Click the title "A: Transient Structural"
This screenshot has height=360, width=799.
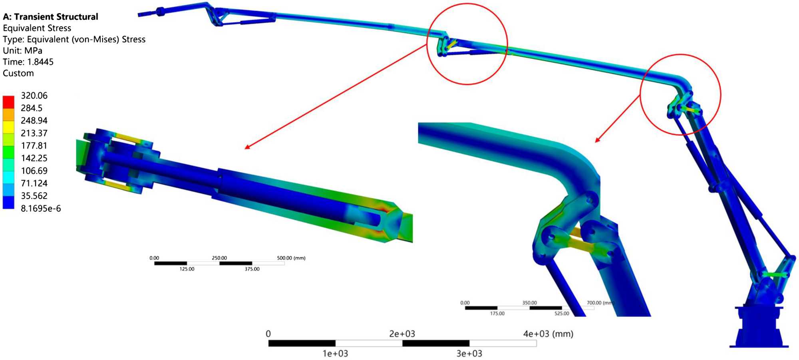50,17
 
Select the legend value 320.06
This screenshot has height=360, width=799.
34,95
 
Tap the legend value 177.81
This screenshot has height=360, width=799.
34,145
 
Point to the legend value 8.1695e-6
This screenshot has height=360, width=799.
41,208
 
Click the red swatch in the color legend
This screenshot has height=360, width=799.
8,102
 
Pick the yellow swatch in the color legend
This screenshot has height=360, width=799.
8,127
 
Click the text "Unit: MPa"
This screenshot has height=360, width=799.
22,51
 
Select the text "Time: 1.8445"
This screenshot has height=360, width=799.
28,62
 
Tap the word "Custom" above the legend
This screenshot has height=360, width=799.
18,73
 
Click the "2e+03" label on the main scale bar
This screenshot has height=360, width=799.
402,334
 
